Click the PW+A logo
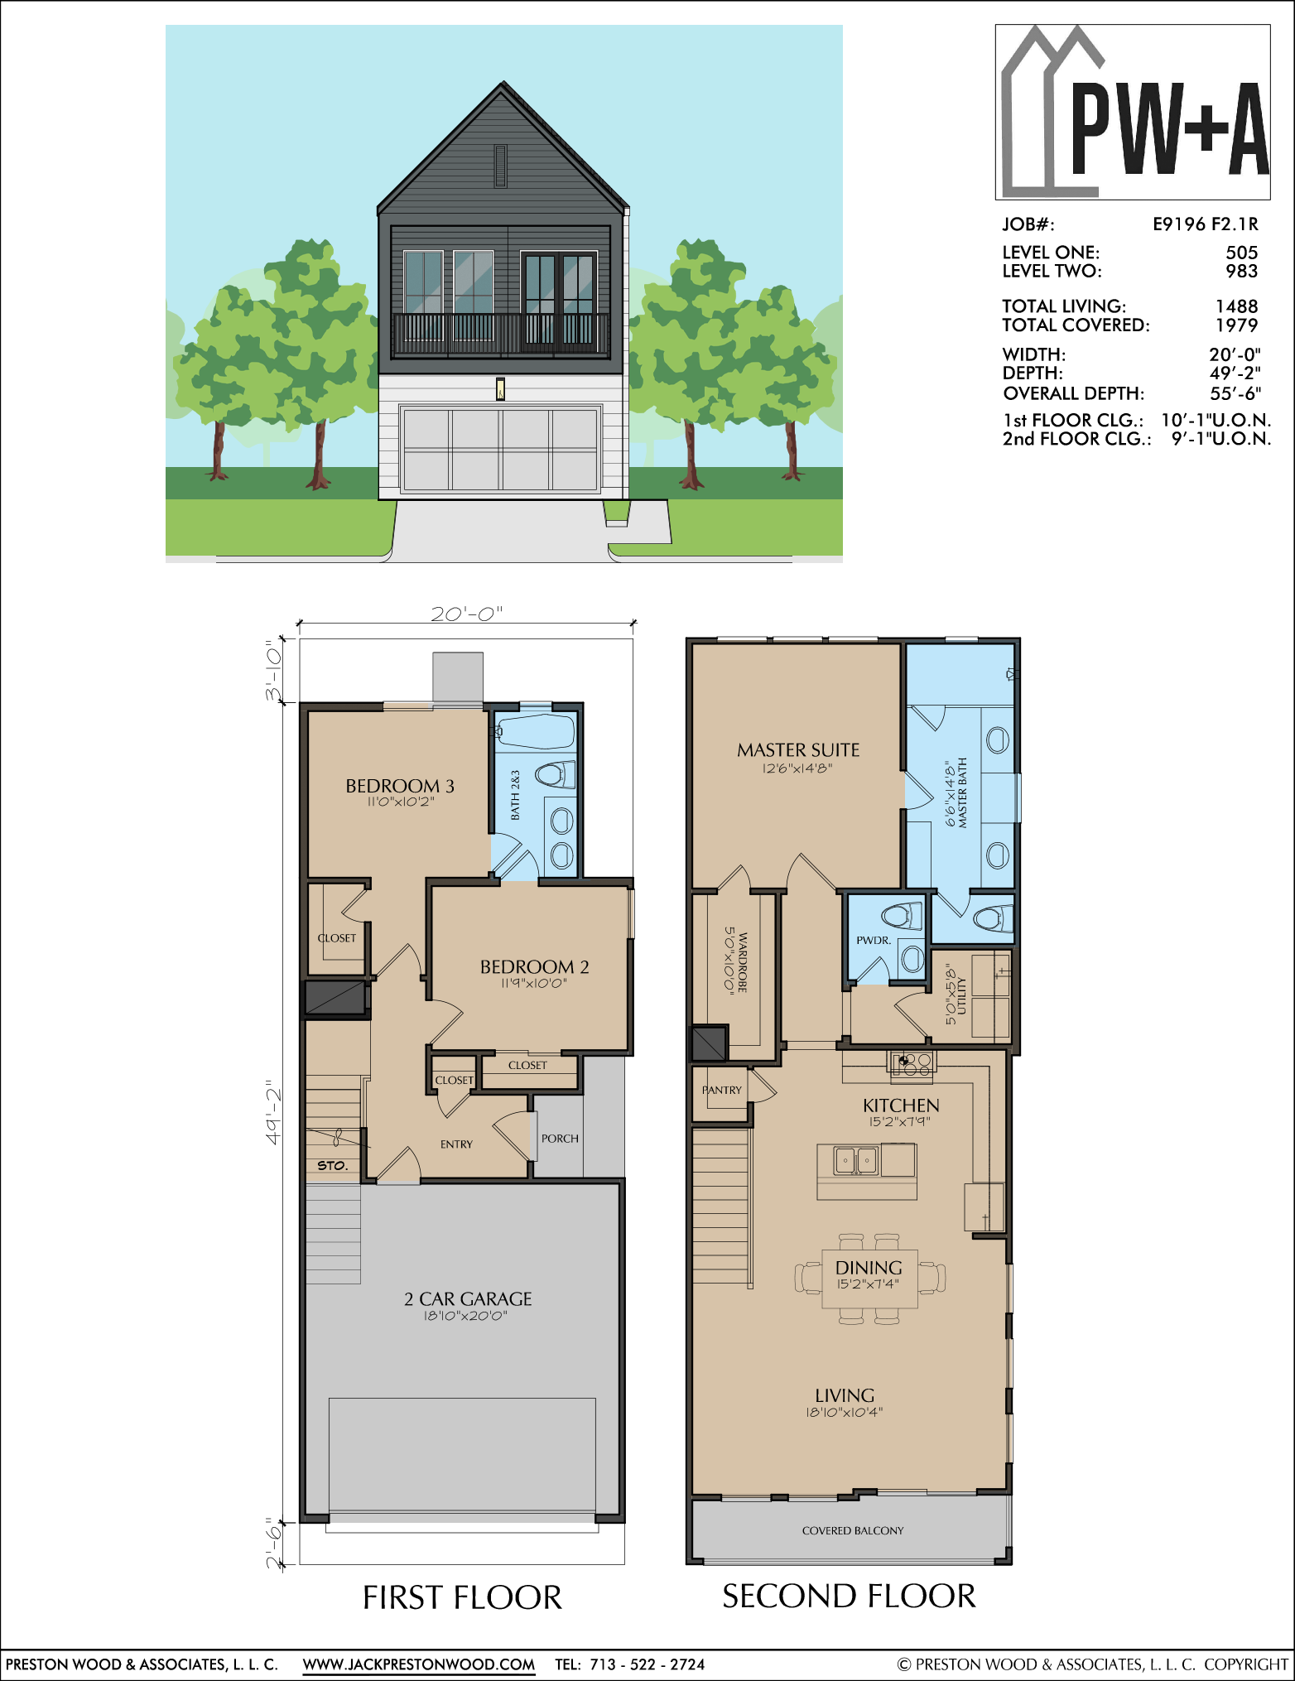tap(1133, 112)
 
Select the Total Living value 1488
tap(1236, 306)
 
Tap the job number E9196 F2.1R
tap(1206, 224)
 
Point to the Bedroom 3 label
tap(400, 786)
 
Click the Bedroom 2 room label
tap(534, 966)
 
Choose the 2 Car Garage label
tap(468, 1298)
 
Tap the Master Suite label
tap(798, 750)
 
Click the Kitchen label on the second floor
tap(901, 1105)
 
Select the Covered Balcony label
tap(853, 1530)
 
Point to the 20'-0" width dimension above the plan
tap(467, 614)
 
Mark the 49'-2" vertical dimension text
tap(273, 1112)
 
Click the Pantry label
tap(722, 1090)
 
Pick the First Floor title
tap(462, 1597)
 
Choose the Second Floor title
tap(849, 1596)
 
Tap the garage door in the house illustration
tap(500, 450)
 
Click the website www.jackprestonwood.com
tap(419, 1664)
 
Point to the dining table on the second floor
tap(869, 1279)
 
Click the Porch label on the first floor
tap(560, 1139)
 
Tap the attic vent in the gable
tap(500, 166)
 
